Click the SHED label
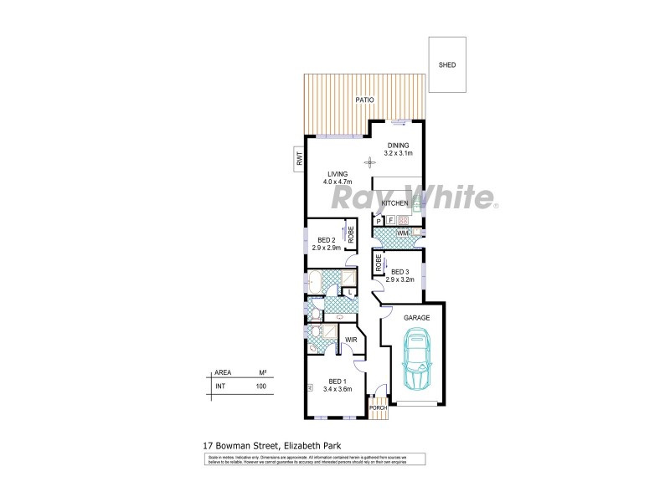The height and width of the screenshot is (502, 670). (447, 64)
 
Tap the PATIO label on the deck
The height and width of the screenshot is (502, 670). (363, 100)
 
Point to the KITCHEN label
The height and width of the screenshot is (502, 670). (394, 203)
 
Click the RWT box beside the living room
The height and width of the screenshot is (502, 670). (297, 158)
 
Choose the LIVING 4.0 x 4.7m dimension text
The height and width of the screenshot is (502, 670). (338, 182)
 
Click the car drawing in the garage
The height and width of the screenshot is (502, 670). (416, 361)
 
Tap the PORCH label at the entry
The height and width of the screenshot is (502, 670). (379, 407)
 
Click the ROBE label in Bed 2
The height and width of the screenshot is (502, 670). (352, 235)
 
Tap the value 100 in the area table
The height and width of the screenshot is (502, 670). (260, 387)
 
